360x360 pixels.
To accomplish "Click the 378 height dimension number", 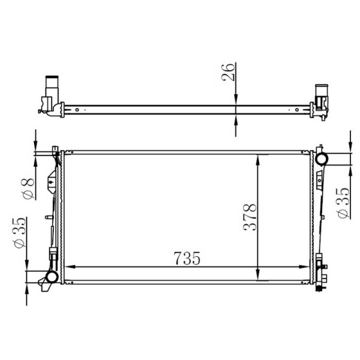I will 251,217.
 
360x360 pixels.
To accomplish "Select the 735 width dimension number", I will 186,258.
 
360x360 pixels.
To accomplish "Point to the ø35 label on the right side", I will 343,204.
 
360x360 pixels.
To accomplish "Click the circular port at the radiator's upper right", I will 322,159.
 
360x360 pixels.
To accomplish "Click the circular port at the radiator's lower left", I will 51,277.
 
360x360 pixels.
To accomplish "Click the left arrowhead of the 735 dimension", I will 68,267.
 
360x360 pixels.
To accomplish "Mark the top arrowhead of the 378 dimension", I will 258,158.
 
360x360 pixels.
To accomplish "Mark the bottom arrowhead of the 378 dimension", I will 258,277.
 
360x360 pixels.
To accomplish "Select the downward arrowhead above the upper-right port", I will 350,148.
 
